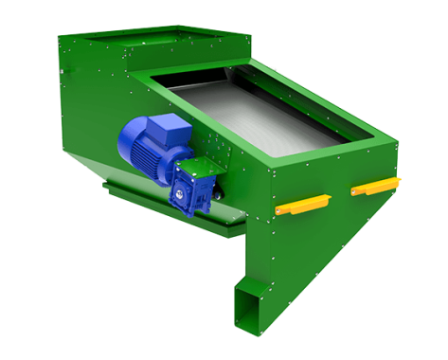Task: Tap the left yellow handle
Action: click(x=300, y=203)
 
